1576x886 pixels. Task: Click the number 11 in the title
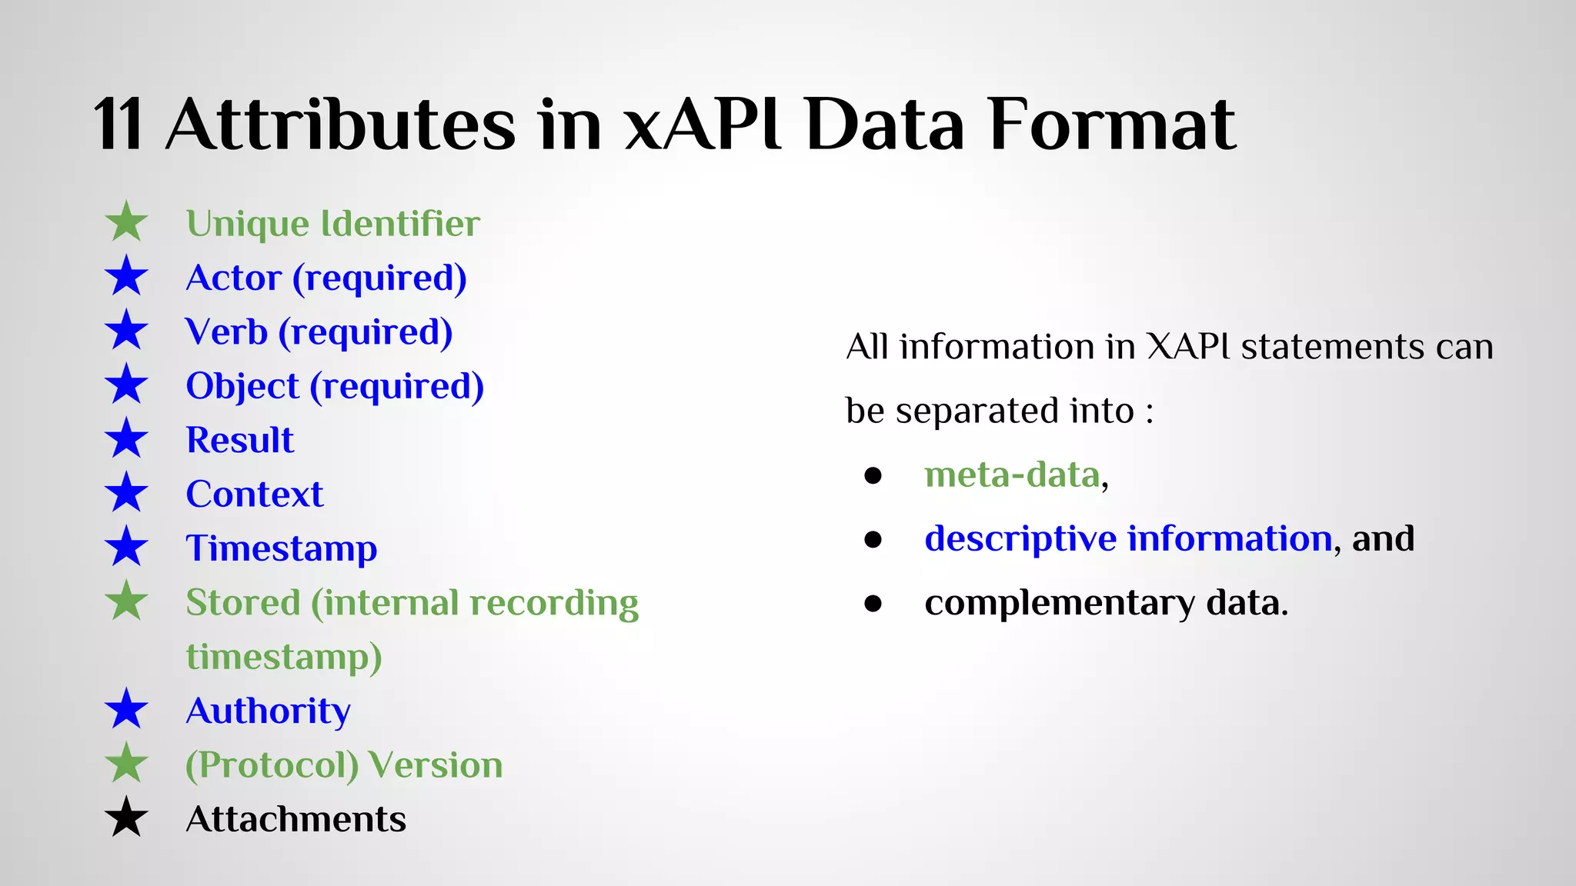[118, 125]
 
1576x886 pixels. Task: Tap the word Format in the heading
[1112, 125]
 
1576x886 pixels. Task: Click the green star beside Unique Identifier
[126, 222]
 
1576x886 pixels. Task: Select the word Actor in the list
[234, 278]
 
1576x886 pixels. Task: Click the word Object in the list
[242, 386]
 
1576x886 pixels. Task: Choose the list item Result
[240, 440]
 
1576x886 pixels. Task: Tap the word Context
[255, 494]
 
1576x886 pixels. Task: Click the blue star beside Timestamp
[126, 548]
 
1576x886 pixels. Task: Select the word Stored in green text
[242, 602]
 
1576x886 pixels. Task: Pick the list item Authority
[268, 711]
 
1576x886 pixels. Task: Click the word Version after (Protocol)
[436, 764]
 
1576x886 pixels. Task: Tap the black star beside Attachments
[126, 818]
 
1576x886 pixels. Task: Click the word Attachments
[295, 819]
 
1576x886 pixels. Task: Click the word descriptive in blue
[1020, 538]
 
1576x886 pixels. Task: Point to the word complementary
[1060, 603]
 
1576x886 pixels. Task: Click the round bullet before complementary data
[873, 603]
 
